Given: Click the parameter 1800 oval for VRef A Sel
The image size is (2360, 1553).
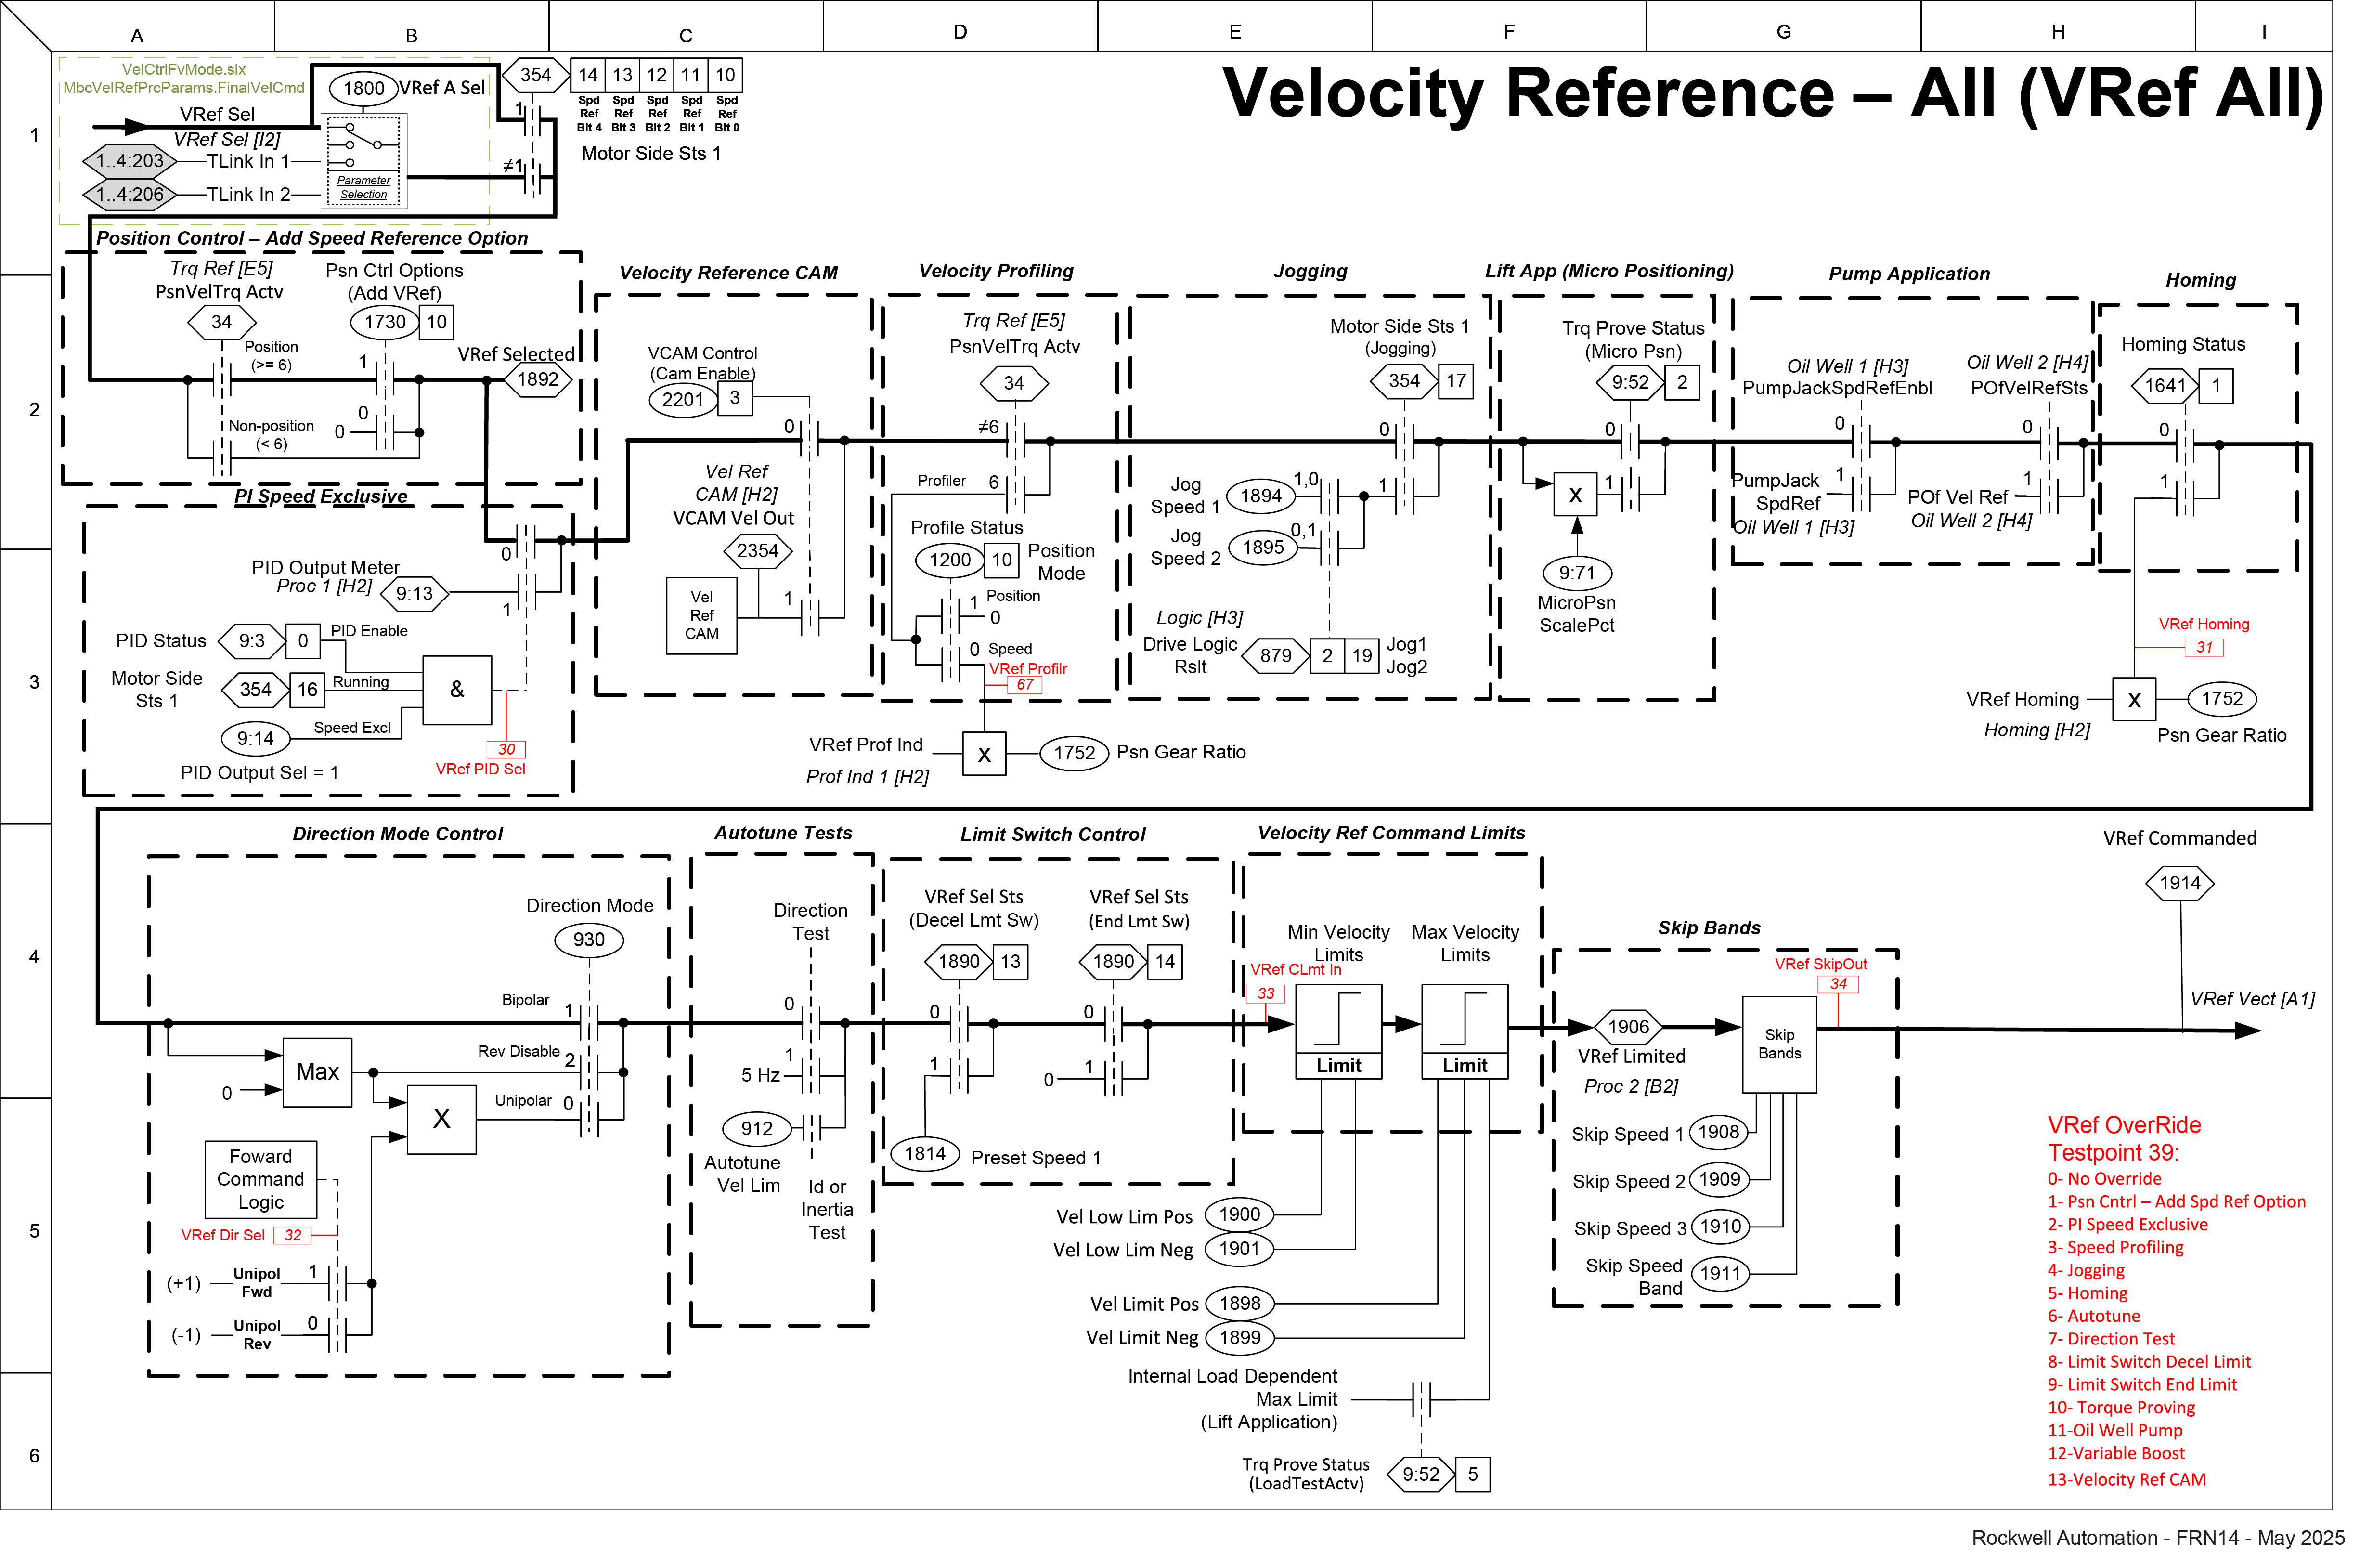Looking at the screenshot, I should tap(363, 88).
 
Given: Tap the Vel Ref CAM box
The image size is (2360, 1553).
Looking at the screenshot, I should tap(701, 616).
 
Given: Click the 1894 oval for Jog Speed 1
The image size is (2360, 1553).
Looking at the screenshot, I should tap(1261, 496).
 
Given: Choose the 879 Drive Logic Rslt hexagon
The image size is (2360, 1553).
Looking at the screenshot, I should tap(1275, 655).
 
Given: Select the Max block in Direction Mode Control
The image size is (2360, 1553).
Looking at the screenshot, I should tap(317, 1072).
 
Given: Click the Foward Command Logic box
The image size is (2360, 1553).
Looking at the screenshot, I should tap(261, 1179).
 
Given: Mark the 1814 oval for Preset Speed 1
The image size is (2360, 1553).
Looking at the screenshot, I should tap(925, 1153).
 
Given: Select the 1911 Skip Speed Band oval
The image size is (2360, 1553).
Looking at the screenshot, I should tap(1721, 1273).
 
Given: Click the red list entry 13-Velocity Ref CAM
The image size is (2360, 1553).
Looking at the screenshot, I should tap(2126, 1479).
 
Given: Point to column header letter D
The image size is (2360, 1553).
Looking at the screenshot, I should tap(960, 32).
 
